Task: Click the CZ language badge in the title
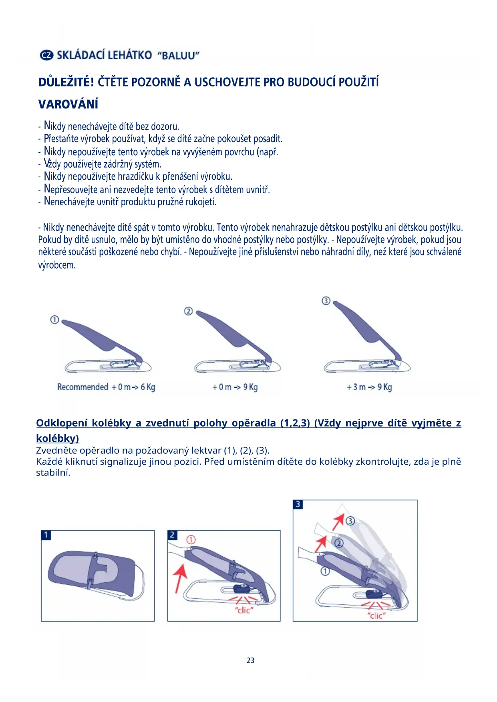(46, 55)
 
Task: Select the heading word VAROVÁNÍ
(68, 104)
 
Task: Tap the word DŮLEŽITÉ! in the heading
(66, 82)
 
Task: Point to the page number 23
(250, 660)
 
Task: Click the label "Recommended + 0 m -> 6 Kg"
(106, 387)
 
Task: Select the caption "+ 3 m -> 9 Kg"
(369, 387)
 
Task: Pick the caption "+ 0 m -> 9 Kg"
(235, 387)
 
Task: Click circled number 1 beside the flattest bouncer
(54, 319)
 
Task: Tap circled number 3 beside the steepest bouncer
(326, 301)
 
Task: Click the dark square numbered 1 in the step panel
(46, 535)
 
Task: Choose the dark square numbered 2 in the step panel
(173, 535)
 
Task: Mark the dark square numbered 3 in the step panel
(298, 504)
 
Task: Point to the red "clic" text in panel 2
(244, 610)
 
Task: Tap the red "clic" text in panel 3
(376, 616)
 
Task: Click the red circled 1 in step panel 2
(191, 540)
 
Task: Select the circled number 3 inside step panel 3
(350, 521)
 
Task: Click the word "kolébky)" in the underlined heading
(58, 438)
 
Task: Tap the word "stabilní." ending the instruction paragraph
(53, 473)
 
